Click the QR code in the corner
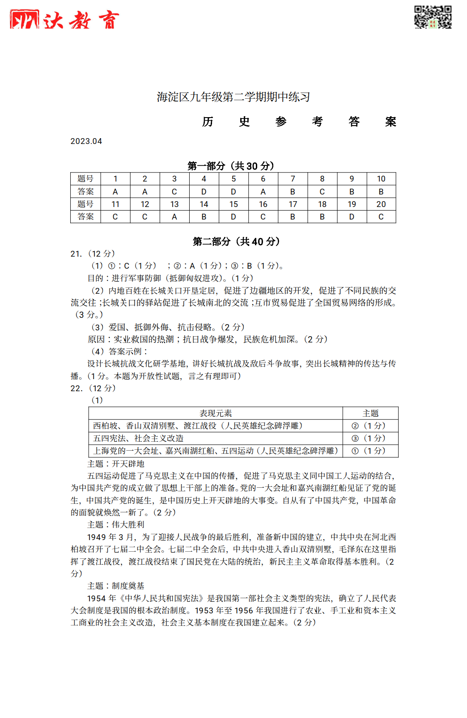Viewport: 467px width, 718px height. click(433, 17)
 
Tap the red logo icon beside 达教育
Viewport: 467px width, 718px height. click(25, 20)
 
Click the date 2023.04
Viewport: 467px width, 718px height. click(86, 141)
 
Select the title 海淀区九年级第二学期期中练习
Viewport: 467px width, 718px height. click(233, 97)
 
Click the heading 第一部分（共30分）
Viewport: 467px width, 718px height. click(231, 166)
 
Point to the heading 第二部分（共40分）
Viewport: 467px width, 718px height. click(236, 241)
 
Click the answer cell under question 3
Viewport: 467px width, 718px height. click(174, 191)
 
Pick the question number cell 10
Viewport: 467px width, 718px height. click(381, 179)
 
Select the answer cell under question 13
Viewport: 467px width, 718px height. click(174, 216)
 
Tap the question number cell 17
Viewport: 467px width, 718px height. click(293, 204)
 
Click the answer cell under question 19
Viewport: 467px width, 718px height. click(352, 216)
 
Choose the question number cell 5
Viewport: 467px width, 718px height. click(233, 179)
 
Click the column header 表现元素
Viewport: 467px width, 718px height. click(216, 413)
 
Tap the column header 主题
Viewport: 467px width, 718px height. click(370, 413)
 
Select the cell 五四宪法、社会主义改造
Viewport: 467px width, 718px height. click(138, 438)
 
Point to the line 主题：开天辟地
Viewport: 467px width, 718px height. click(116, 464)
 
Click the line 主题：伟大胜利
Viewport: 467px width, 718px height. click(116, 524)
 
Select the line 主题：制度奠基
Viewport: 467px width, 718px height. click(116, 586)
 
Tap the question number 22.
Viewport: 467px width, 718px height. click(76, 388)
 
